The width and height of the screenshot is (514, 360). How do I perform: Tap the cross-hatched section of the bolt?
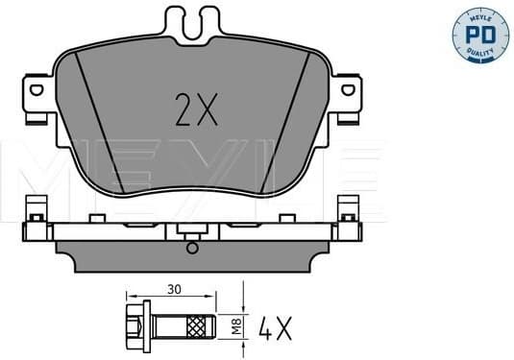[201, 325]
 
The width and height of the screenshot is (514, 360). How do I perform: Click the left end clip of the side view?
[36, 216]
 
